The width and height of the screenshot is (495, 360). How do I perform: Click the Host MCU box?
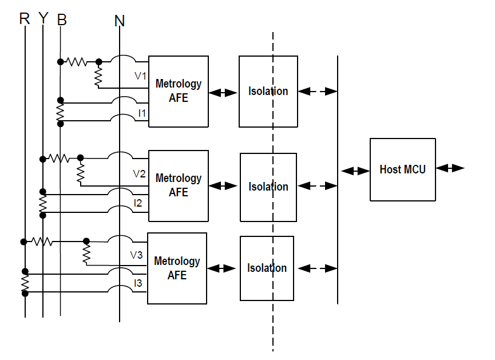(x=402, y=169)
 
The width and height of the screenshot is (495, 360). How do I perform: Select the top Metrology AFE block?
(x=178, y=91)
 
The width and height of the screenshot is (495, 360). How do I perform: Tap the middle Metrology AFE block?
(x=178, y=186)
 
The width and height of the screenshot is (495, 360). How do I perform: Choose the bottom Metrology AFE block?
(x=177, y=268)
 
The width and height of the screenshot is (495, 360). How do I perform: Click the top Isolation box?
(x=268, y=91)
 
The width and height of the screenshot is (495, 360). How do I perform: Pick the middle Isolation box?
(x=268, y=187)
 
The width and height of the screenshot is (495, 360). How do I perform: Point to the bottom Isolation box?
(x=267, y=268)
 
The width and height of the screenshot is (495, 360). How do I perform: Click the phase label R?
(x=24, y=19)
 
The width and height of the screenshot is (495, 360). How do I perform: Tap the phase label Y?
(x=43, y=19)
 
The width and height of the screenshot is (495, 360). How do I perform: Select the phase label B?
(x=62, y=20)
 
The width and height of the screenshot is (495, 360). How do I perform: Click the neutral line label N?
(x=119, y=21)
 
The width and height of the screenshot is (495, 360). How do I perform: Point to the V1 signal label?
(x=140, y=75)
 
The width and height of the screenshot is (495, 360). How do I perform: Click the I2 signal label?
(x=138, y=203)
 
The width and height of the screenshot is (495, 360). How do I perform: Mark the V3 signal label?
(x=136, y=255)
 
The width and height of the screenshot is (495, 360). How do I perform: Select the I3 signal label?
(x=138, y=283)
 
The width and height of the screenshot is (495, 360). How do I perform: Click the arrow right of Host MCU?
(x=450, y=168)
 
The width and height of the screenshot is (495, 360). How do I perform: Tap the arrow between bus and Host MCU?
(x=355, y=171)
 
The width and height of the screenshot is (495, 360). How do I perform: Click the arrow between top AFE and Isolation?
(x=223, y=92)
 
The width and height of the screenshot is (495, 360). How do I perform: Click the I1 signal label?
(x=142, y=113)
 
